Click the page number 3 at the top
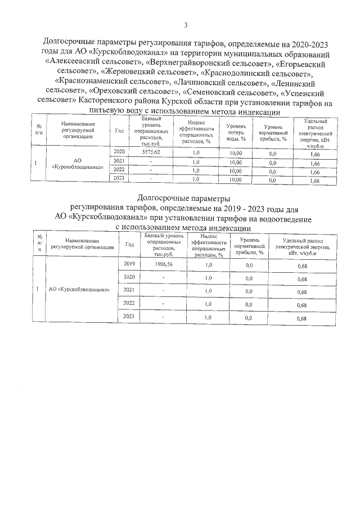[x=186, y=24]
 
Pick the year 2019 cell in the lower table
[x=129, y=264]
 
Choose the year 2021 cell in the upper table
[x=119, y=161]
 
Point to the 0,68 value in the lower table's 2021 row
[x=301, y=292]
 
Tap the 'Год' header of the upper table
[x=119, y=131]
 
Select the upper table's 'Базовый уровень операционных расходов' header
[x=151, y=131]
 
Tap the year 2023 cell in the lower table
[x=129, y=318]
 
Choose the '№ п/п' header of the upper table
[x=38, y=131]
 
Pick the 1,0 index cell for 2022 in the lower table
[x=208, y=305]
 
